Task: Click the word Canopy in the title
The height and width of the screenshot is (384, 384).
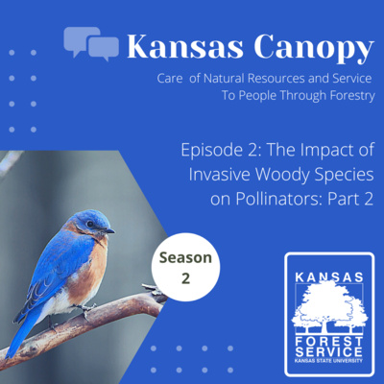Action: click(309, 46)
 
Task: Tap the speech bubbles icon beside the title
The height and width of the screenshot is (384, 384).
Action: click(91, 42)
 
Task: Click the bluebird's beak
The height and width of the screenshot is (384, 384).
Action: click(110, 230)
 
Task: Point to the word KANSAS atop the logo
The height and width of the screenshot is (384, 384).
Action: click(329, 277)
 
